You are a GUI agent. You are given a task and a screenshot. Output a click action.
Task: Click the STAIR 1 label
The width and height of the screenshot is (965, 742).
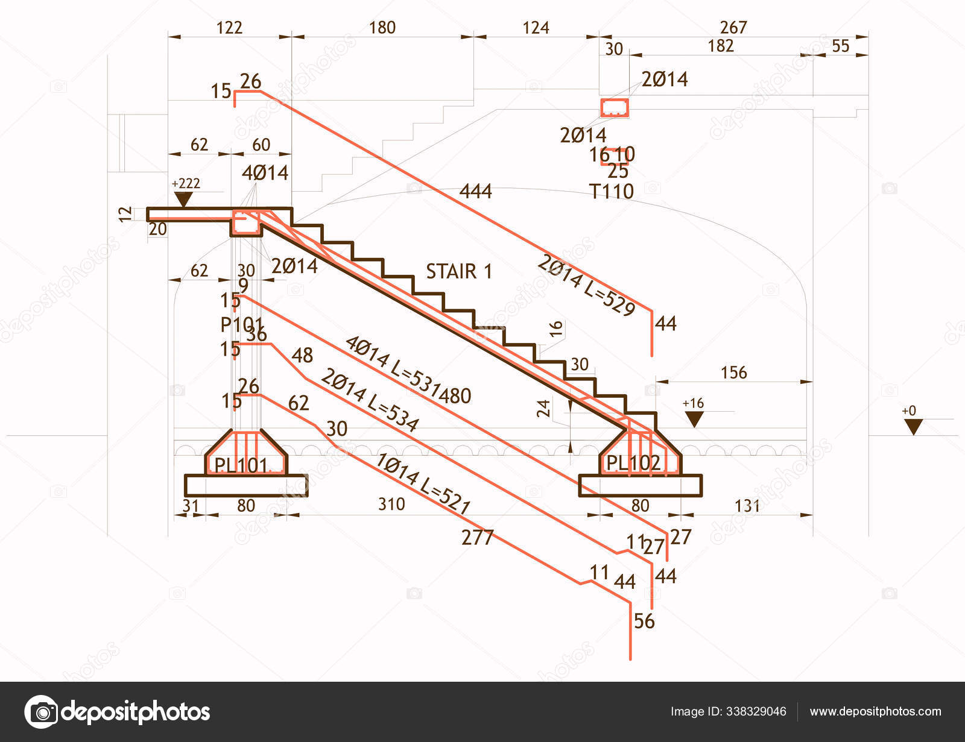(x=459, y=271)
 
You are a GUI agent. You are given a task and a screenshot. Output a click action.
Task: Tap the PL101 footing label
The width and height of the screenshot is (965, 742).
(x=241, y=465)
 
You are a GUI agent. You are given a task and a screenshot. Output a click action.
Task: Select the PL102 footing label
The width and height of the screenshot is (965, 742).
(x=633, y=463)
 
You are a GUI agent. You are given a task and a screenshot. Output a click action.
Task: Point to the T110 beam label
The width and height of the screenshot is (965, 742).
(x=612, y=192)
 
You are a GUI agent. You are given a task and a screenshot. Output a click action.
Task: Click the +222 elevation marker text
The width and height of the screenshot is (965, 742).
(x=186, y=183)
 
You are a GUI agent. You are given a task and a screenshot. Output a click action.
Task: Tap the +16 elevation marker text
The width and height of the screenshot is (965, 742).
(x=693, y=403)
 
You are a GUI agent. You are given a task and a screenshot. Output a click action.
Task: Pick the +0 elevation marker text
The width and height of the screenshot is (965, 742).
(x=909, y=411)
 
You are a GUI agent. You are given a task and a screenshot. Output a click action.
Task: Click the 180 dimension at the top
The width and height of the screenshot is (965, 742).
(x=382, y=28)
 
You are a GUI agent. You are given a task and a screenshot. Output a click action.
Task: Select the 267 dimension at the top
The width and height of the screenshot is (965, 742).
(x=733, y=27)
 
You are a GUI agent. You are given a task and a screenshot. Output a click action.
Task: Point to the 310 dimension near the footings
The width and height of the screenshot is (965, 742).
(x=391, y=504)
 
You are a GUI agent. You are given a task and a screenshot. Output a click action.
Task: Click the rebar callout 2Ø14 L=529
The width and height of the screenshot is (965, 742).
(x=586, y=285)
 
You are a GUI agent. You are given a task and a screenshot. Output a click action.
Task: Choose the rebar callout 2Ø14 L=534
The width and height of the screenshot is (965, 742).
(x=369, y=400)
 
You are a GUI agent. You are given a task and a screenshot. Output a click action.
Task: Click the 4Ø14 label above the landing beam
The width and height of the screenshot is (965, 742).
(x=265, y=173)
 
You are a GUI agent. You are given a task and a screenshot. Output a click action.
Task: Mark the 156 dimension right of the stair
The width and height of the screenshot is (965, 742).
(x=733, y=373)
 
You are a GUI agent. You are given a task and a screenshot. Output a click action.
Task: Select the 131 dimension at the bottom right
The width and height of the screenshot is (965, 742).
(x=747, y=505)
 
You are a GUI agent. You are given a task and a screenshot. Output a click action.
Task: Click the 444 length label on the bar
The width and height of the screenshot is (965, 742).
(x=476, y=192)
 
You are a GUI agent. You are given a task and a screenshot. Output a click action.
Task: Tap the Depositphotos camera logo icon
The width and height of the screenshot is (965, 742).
(x=41, y=712)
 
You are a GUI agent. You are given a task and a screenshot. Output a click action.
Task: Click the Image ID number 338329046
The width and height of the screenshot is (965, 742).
(x=756, y=712)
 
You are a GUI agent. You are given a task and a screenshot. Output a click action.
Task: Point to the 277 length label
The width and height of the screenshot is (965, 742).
(x=477, y=537)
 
